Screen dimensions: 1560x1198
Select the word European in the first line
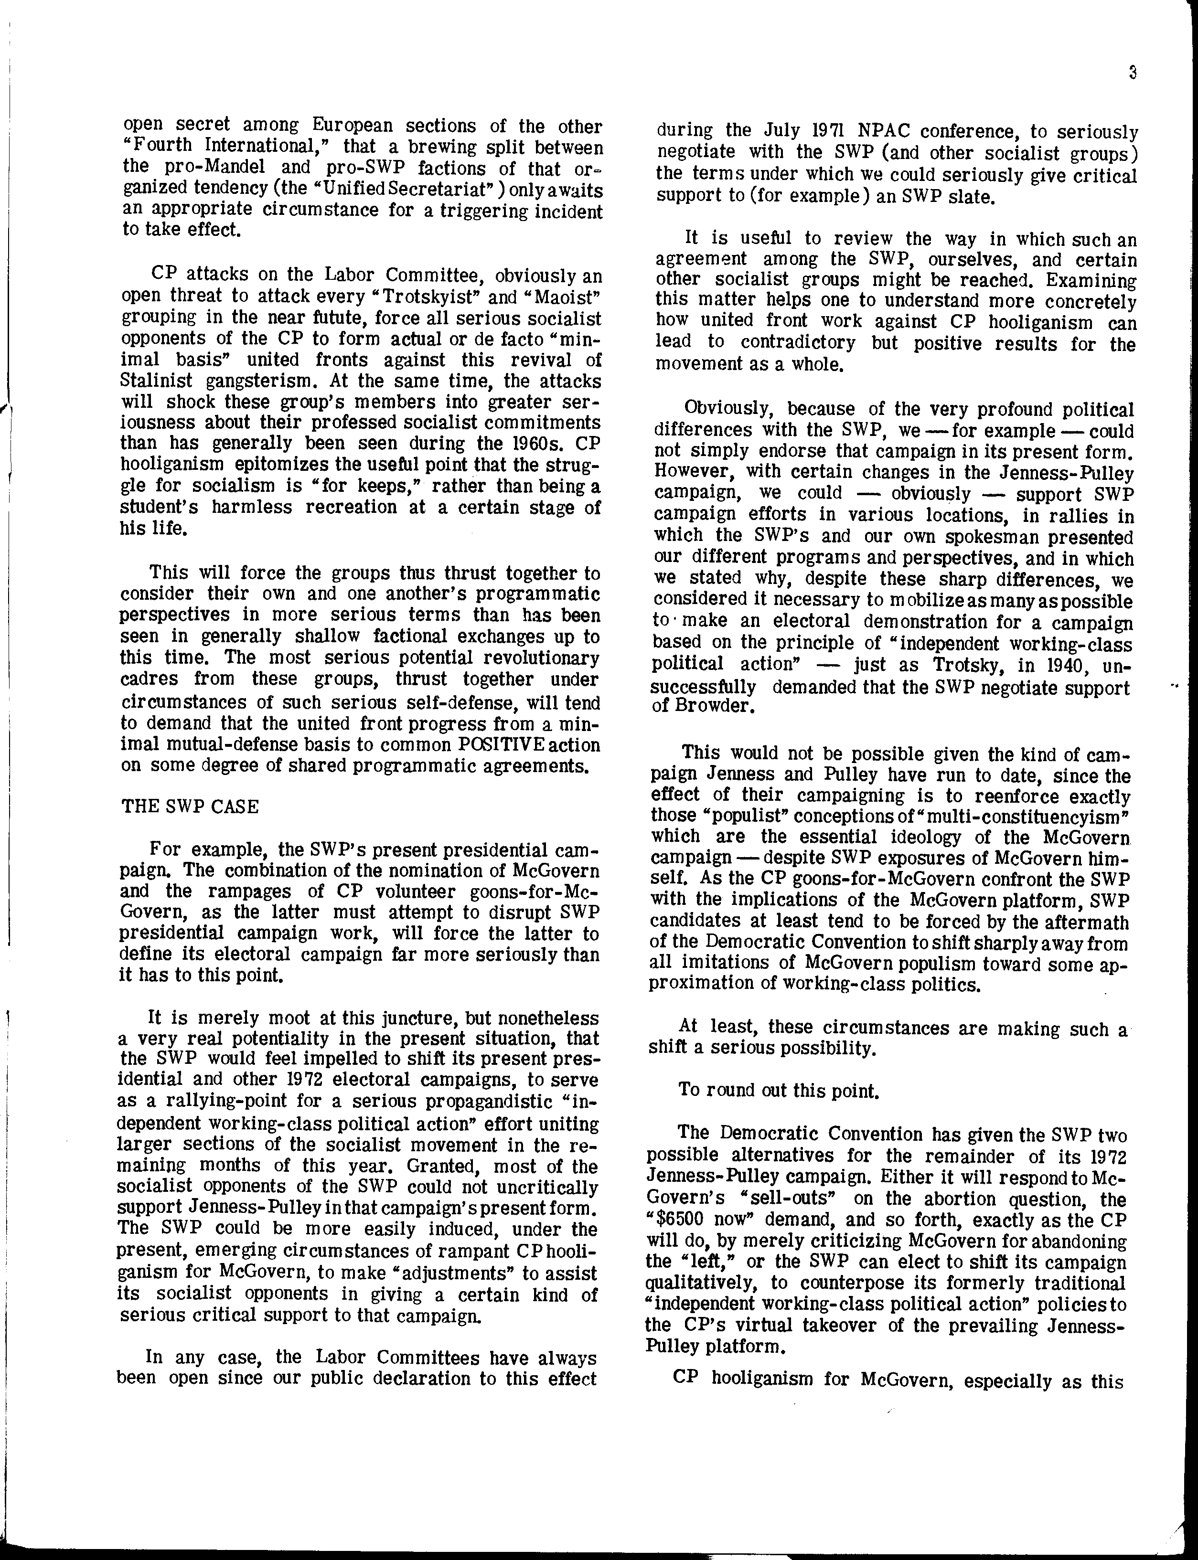point(352,126)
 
